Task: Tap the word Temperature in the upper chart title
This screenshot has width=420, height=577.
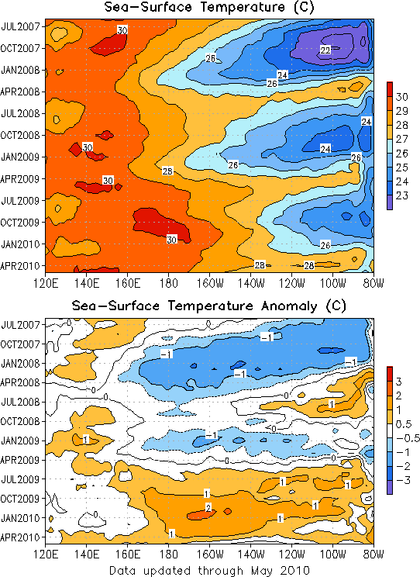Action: tap(242, 7)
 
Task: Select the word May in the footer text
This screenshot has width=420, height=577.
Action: tap(260, 570)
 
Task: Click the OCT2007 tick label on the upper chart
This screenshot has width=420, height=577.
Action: tap(20, 48)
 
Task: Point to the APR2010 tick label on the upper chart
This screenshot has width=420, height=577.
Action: tap(20, 266)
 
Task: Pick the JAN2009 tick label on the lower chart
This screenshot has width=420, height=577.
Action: tap(20, 441)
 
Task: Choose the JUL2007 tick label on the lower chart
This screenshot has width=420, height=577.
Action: tap(20, 325)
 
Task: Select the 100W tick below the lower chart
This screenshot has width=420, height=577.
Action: tap(332, 555)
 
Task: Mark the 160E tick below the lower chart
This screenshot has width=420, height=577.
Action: tap(127, 555)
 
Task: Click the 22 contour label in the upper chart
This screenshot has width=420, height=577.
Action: tap(325, 50)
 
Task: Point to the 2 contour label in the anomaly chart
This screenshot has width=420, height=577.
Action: tap(208, 508)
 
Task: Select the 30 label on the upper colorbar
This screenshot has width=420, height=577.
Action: tap(402, 97)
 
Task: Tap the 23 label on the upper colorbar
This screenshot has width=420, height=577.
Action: tap(402, 195)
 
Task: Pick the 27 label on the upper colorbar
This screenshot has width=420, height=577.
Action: tap(402, 139)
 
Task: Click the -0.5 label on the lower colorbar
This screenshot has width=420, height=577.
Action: tap(408, 438)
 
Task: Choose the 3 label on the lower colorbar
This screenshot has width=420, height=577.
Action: tap(399, 382)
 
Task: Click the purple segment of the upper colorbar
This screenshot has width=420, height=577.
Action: tap(390, 202)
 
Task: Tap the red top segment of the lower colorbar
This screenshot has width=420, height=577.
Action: tap(390, 374)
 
